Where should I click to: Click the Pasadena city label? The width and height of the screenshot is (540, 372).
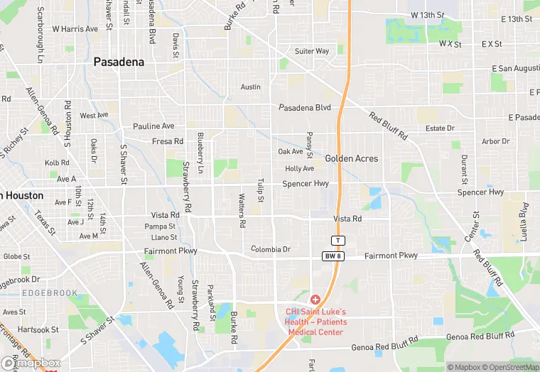[x=119, y=62]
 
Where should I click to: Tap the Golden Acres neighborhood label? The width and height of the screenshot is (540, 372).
[x=352, y=159]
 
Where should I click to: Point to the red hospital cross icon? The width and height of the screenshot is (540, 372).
[x=315, y=300]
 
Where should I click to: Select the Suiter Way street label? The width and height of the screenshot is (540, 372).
[x=312, y=51]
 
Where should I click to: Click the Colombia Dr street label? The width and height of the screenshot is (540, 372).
[x=271, y=249]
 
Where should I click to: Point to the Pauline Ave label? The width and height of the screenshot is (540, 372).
[x=153, y=126]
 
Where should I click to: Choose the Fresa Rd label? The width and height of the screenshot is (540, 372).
[x=168, y=141]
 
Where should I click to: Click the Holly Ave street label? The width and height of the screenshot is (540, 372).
[x=299, y=169]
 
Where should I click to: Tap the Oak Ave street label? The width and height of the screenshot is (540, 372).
[x=290, y=152]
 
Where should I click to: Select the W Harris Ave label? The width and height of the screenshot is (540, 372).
[x=75, y=29]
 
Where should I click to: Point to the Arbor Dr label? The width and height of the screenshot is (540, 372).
[x=496, y=141]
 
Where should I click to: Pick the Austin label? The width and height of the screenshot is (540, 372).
[x=251, y=87]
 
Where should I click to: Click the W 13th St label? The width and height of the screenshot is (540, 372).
[x=427, y=15]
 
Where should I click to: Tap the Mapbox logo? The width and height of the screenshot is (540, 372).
[x=31, y=363]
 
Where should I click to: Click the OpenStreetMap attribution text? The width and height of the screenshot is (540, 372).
[x=508, y=367]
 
